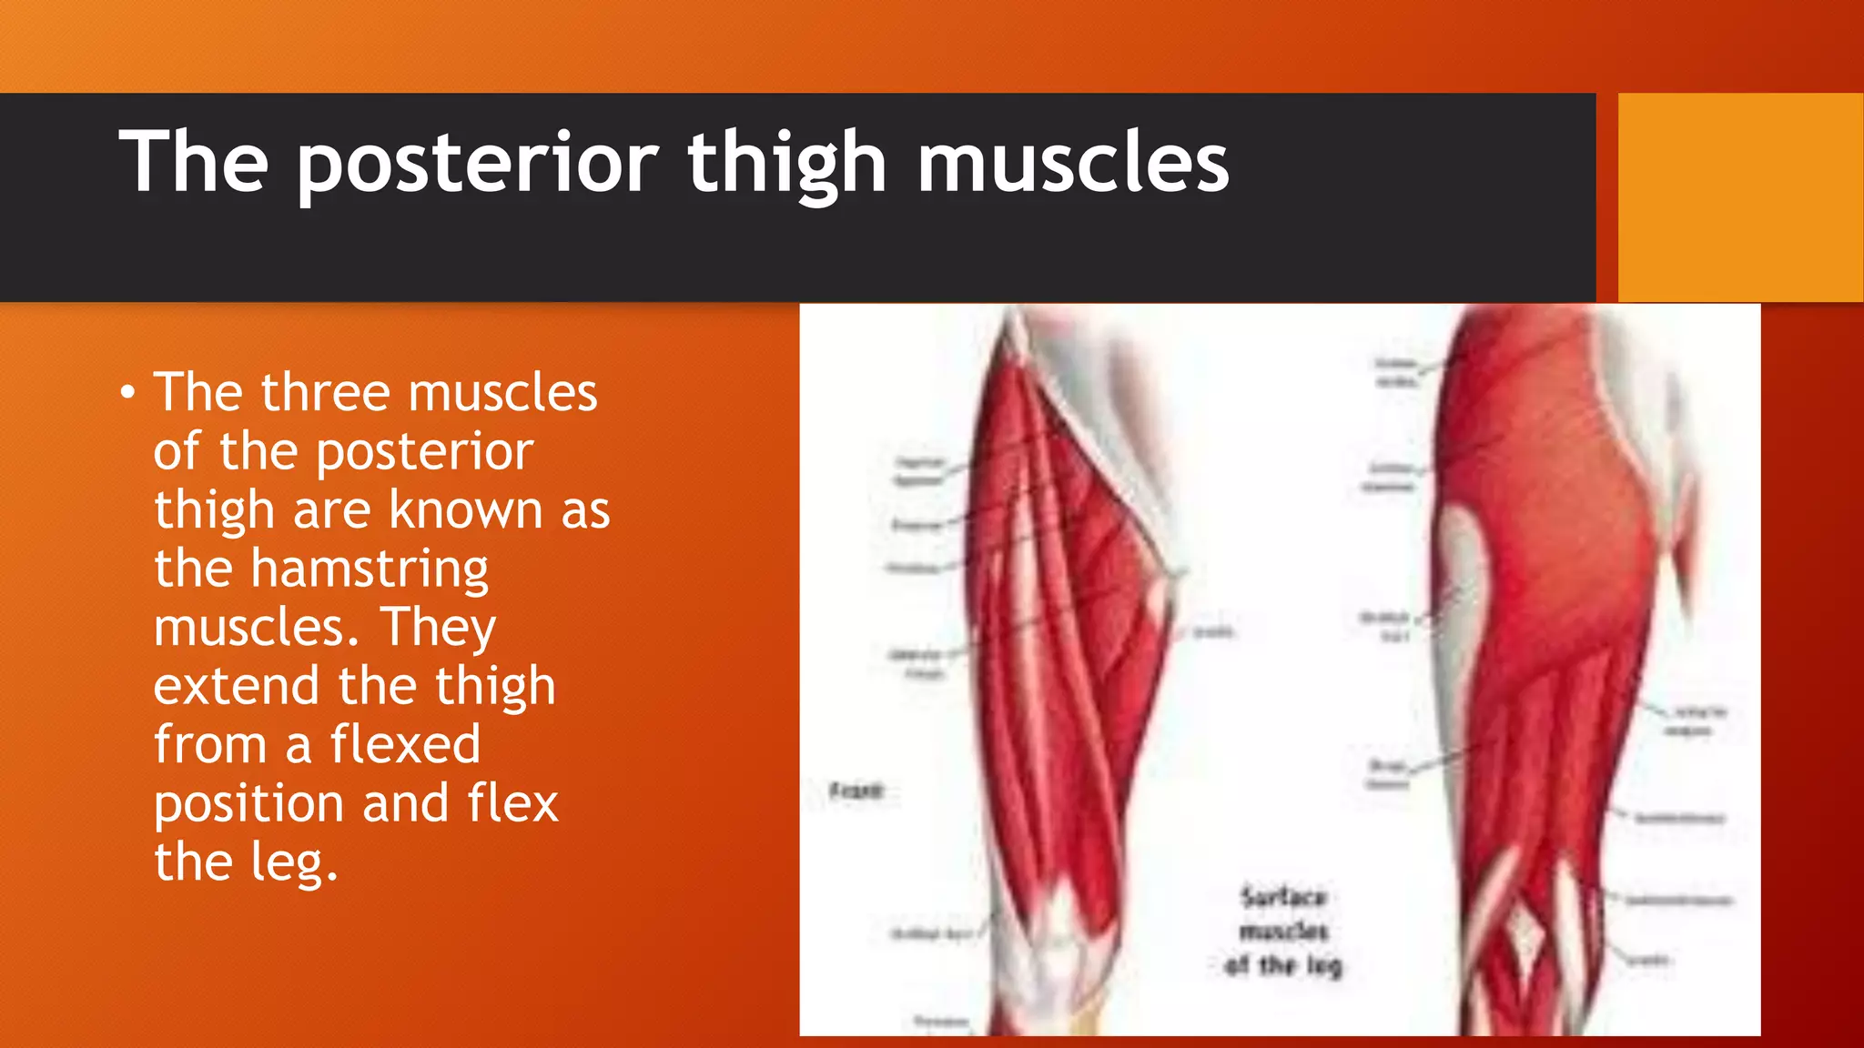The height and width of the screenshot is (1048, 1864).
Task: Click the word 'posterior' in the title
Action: click(x=477, y=164)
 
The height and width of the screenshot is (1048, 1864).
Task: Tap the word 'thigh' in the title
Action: click(x=786, y=164)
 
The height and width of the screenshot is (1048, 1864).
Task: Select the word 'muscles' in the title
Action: click(x=1073, y=164)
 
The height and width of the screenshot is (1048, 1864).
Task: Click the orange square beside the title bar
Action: click(x=1740, y=197)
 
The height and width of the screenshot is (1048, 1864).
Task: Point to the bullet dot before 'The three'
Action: click(x=128, y=394)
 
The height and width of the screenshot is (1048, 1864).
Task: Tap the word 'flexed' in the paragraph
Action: click(x=405, y=745)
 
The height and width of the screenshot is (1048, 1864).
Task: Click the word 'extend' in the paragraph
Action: click(x=237, y=686)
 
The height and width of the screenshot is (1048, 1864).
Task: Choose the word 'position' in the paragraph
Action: click(x=248, y=805)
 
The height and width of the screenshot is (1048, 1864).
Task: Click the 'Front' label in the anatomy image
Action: click(x=856, y=791)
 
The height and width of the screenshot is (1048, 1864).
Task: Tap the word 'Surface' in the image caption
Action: click(x=1283, y=897)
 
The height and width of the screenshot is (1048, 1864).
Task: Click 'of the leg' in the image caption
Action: click(x=1283, y=965)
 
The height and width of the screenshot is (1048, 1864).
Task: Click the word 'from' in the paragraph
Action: click(x=209, y=745)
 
